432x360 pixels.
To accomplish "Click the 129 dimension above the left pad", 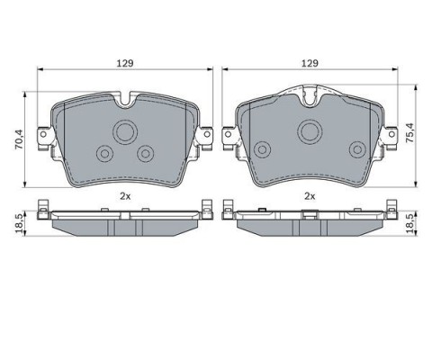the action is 125,63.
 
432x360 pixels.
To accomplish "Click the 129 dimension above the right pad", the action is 310,63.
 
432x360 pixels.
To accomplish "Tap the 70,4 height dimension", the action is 19,139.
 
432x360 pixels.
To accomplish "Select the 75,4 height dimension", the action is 409,132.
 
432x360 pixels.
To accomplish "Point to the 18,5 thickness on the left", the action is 19,223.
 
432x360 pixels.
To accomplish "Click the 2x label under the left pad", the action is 125,196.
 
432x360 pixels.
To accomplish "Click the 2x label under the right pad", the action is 310,196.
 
